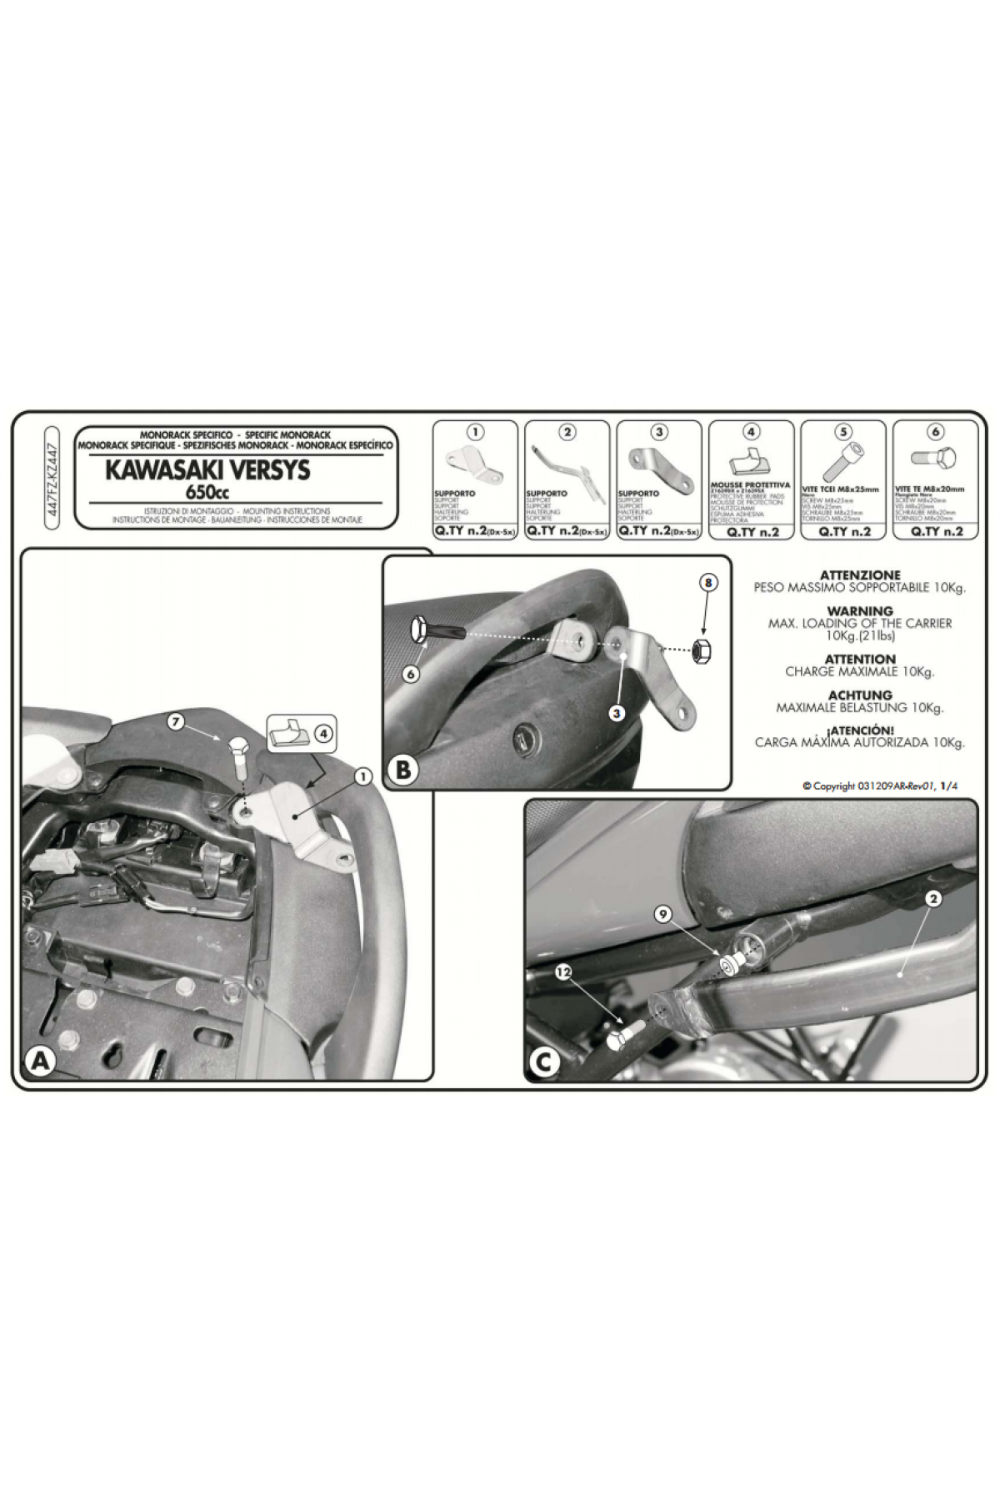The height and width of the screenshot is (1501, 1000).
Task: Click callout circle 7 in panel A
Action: pyautogui.click(x=176, y=722)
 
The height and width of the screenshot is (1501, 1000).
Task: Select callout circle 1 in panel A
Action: pyautogui.click(x=362, y=776)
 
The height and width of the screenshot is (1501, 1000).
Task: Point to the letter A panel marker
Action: pyautogui.click(x=41, y=1062)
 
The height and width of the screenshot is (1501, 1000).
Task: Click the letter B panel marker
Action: pyautogui.click(x=402, y=770)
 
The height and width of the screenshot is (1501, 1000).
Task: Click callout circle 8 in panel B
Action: pyautogui.click(x=707, y=583)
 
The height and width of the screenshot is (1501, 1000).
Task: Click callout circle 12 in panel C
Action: pyautogui.click(x=565, y=972)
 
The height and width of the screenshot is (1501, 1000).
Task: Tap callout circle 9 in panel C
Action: pyautogui.click(x=663, y=915)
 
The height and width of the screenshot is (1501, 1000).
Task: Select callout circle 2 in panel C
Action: pyautogui.click(x=933, y=899)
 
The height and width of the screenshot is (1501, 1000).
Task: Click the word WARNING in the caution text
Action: pyautogui.click(x=860, y=611)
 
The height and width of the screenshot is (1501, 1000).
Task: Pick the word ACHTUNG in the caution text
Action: pyautogui.click(x=860, y=695)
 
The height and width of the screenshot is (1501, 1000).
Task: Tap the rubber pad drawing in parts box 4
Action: pyautogui.click(x=751, y=463)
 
